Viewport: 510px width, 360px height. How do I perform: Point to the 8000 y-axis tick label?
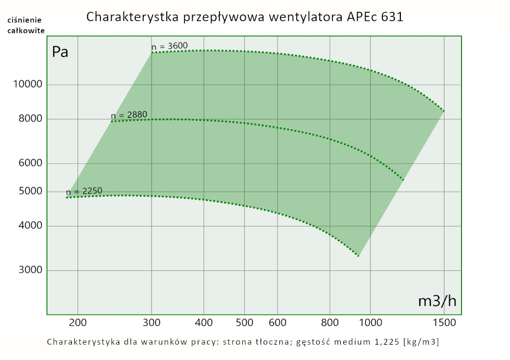click(x=27, y=119)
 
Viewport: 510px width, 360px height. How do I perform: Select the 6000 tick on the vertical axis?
click(x=27, y=164)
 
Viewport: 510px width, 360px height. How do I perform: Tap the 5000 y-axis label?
click(x=27, y=192)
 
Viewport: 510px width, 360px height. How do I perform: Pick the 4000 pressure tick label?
click(x=27, y=226)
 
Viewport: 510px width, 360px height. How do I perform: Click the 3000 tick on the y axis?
click(x=27, y=270)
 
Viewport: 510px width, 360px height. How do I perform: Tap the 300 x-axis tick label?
click(x=152, y=322)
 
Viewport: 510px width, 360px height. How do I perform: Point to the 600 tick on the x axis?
click(x=277, y=322)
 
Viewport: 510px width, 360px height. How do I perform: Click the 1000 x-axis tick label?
click(x=370, y=322)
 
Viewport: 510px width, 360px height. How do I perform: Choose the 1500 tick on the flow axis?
click(x=444, y=322)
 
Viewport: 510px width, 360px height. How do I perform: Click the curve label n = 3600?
click(x=169, y=46)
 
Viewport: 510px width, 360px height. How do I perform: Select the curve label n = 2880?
click(x=129, y=115)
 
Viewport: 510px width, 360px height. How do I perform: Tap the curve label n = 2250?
click(x=84, y=192)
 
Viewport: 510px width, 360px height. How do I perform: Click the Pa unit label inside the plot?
click(x=60, y=52)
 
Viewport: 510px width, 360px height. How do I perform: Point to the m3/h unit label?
click(x=437, y=301)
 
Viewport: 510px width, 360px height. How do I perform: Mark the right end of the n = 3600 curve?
click(x=444, y=111)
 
